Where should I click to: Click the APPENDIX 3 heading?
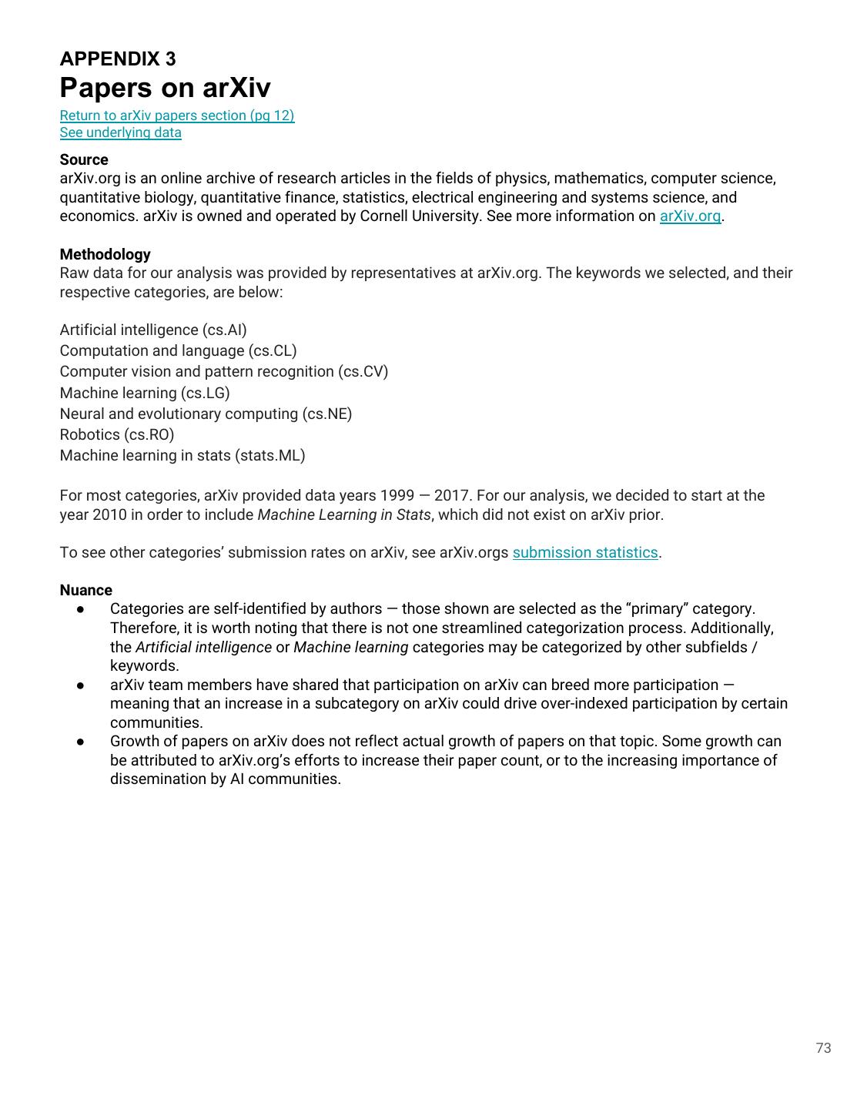click(x=118, y=59)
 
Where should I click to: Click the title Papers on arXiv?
click(x=165, y=88)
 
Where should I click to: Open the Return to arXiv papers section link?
click(x=177, y=116)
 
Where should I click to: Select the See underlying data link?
click(x=121, y=132)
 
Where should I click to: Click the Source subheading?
click(x=84, y=159)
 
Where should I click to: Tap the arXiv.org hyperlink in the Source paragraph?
click(x=690, y=216)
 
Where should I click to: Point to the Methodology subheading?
click(x=105, y=254)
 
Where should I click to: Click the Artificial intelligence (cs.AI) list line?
click(x=153, y=330)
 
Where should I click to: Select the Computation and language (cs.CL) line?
click(x=178, y=351)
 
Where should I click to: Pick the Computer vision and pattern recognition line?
click(x=223, y=372)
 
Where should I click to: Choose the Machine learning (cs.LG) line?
click(x=145, y=393)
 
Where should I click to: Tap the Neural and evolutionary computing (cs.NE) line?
click(x=206, y=414)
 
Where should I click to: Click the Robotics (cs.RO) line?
click(x=117, y=435)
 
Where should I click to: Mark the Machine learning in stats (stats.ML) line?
click(x=182, y=456)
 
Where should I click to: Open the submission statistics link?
click(x=585, y=553)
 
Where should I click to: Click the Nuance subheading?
click(x=85, y=591)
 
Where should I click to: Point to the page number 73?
click(x=823, y=1048)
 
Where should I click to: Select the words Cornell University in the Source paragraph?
click(x=420, y=216)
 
